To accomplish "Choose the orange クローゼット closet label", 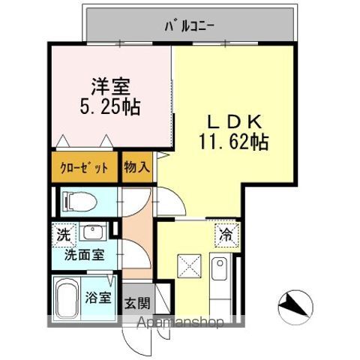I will point(84,168).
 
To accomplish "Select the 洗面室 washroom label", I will point(84,254).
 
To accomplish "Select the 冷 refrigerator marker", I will point(226,234).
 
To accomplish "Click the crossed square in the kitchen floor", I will point(187,266).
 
